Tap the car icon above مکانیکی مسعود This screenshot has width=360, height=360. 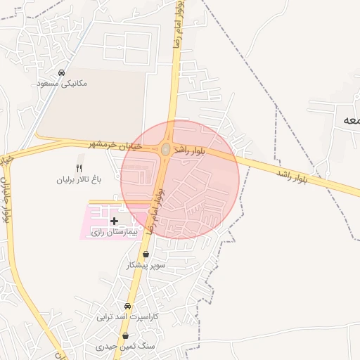[62, 72]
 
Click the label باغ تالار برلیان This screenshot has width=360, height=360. [79, 179]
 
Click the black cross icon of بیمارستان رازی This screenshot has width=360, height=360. [115, 221]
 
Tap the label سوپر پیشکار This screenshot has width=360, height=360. [146, 265]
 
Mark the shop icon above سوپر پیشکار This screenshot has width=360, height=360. [146, 255]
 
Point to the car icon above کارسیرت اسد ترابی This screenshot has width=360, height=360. [127, 307]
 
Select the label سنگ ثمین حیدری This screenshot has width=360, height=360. [124, 347]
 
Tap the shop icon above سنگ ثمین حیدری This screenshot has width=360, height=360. [124, 336]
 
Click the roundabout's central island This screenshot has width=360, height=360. [165, 149]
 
